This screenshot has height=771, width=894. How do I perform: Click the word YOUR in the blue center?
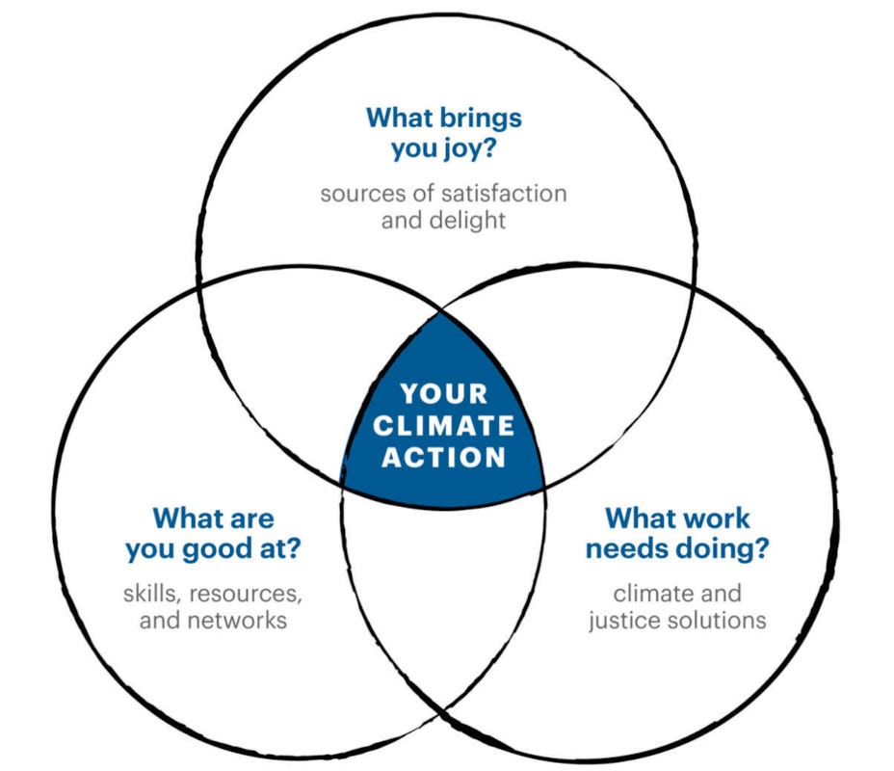pos(443,393)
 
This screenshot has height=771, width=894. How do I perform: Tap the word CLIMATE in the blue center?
pos(443,425)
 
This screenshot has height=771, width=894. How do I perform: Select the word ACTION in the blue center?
pos(443,457)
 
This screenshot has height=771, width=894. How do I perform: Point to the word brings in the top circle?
pos(479,118)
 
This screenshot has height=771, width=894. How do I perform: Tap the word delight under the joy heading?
pos(468,220)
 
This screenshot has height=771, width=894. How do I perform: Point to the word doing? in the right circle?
pos(718,550)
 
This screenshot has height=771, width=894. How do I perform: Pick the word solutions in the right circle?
pos(719,619)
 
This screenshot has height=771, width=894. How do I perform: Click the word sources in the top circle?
pos(357,193)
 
